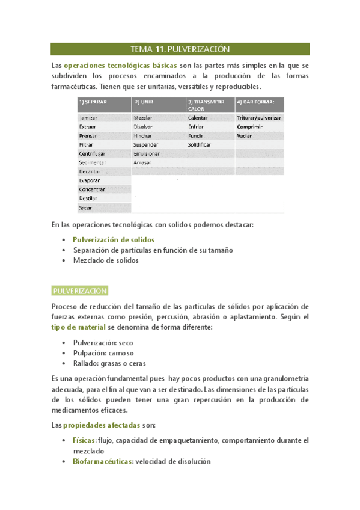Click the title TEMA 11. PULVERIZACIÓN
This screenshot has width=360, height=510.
(x=180, y=49)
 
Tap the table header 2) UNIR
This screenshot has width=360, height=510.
(x=145, y=102)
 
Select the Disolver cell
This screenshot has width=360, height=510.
(x=144, y=127)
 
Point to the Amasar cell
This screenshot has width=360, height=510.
(x=143, y=162)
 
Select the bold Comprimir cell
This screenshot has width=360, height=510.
(x=251, y=127)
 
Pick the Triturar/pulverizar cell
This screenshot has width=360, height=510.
(x=259, y=118)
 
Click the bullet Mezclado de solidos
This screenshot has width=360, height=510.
(x=105, y=261)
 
